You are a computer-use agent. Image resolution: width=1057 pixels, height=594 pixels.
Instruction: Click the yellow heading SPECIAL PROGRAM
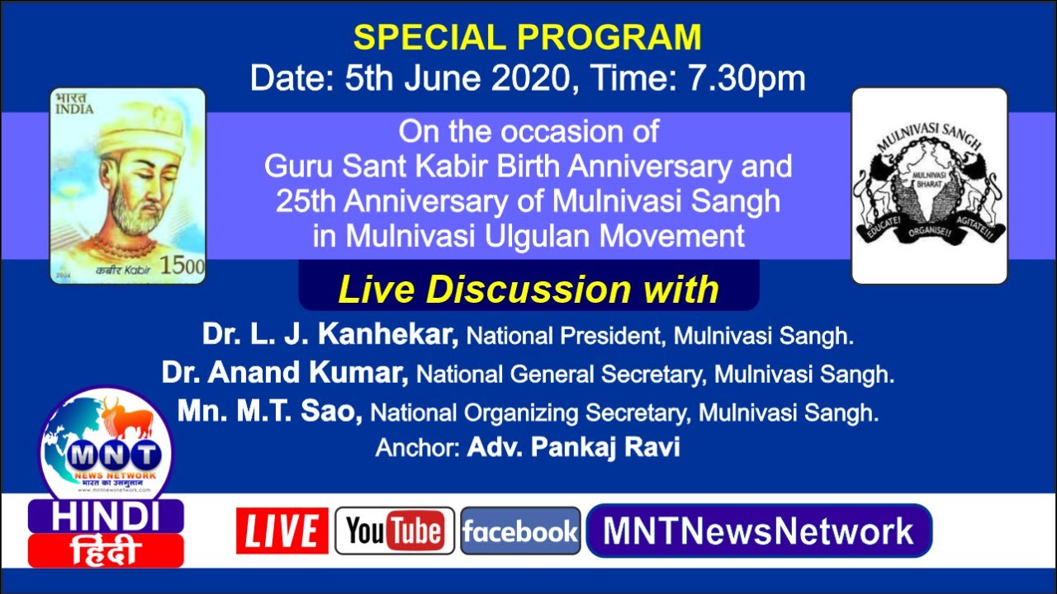[528, 38]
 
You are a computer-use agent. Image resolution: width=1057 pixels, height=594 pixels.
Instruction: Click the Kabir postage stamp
[127, 186]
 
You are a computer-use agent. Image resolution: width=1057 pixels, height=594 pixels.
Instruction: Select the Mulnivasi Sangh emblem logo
[929, 186]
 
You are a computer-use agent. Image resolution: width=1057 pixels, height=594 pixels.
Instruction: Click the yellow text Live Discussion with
[528, 290]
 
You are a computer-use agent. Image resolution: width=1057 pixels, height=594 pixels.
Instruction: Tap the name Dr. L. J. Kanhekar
[330, 335]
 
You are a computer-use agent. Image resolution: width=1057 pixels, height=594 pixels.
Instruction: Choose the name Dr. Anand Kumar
[285, 374]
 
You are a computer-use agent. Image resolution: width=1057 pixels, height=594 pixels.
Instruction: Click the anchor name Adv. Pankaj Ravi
[573, 447]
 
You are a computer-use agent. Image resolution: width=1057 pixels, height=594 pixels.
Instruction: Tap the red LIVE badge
[282, 530]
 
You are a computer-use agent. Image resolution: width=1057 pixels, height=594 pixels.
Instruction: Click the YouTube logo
[395, 530]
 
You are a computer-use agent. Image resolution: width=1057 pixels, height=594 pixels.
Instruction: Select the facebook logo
[520, 530]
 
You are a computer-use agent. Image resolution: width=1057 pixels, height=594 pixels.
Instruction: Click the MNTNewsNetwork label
[758, 530]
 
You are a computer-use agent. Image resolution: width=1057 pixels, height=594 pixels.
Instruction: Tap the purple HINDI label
[106, 516]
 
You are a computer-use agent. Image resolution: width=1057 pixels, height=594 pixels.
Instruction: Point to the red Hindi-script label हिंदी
[106, 550]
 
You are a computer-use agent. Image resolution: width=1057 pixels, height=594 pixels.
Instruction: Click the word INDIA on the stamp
[75, 109]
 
